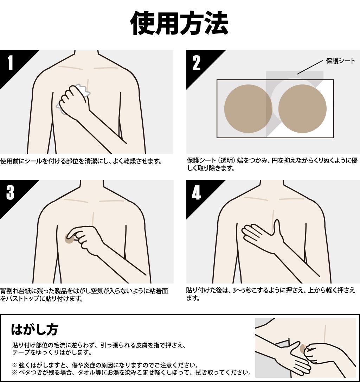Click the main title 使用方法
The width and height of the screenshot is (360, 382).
click(x=180, y=23)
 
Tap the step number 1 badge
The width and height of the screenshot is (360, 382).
click(x=10, y=63)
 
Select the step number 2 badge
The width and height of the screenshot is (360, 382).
click(x=196, y=63)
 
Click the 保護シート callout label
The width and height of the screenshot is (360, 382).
click(x=340, y=61)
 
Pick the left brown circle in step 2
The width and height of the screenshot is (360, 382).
click(x=248, y=109)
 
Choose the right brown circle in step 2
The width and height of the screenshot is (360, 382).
click(x=302, y=109)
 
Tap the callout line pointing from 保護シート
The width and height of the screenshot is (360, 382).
click(x=310, y=67)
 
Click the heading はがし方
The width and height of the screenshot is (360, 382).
click(x=34, y=330)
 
